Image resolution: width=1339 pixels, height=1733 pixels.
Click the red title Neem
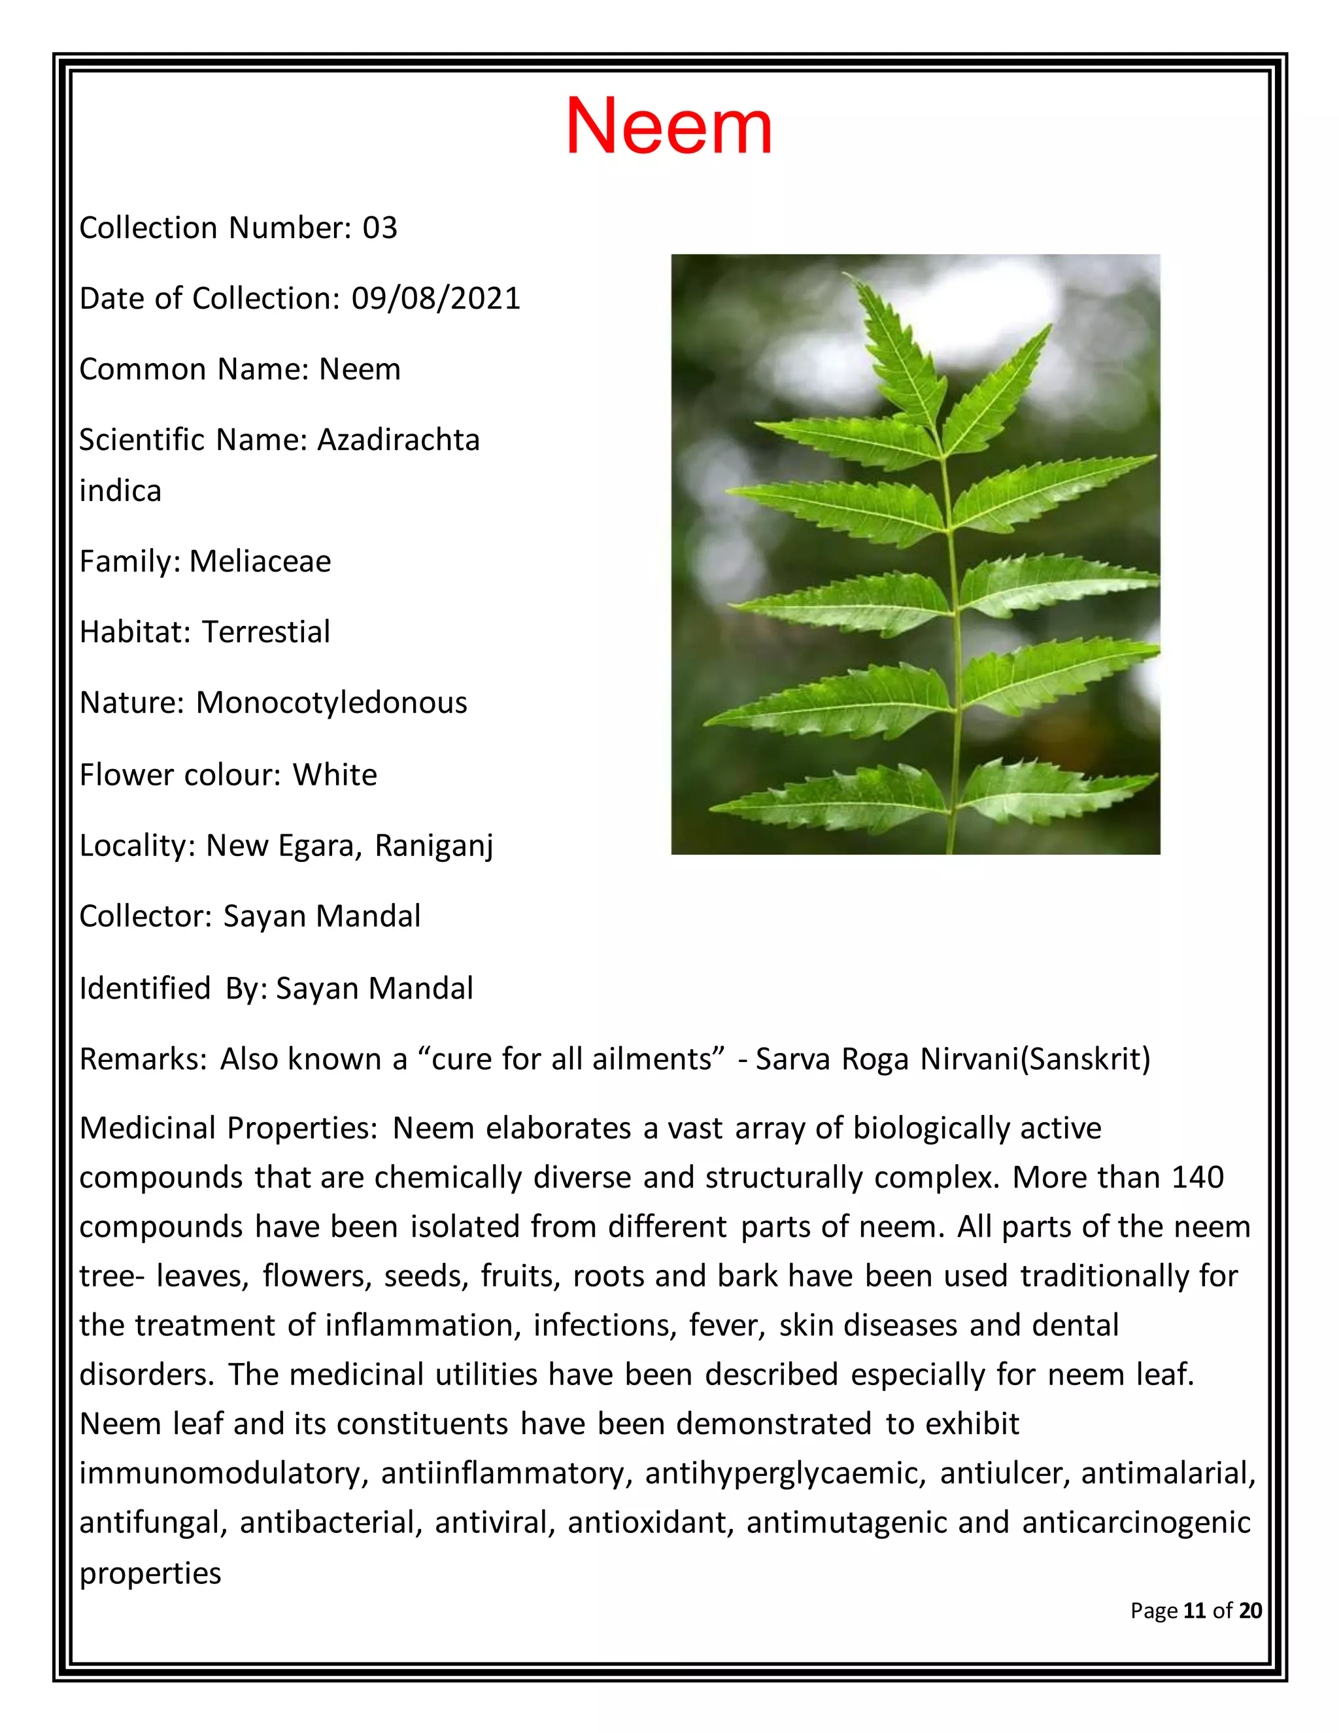[x=668, y=127]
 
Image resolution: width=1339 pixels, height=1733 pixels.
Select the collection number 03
[x=379, y=228]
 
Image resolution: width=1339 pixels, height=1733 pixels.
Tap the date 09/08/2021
[x=435, y=299]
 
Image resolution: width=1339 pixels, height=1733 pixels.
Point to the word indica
[x=120, y=491]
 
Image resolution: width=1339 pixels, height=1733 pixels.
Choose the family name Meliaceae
[x=260, y=562]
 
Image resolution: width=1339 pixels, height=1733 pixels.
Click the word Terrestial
[x=265, y=632]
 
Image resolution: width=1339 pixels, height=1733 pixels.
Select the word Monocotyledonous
[x=331, y=703]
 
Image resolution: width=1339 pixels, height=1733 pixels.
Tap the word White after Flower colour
[x=334, y=775]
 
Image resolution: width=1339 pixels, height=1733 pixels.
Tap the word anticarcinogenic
[x=1136, y=1522]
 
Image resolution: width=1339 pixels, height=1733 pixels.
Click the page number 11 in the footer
[x=1194, y=1610]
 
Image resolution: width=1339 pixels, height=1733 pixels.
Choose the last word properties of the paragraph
[x=150, y=1573]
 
